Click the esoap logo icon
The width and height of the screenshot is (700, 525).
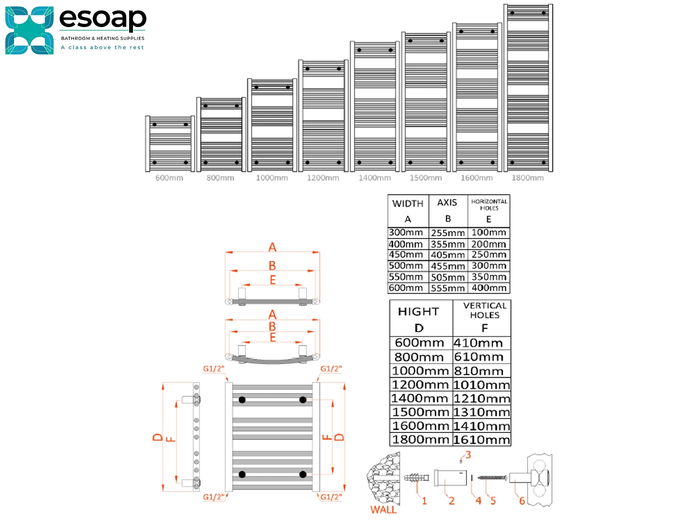(29, 31)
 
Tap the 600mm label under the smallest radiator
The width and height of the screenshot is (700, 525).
(169, 178)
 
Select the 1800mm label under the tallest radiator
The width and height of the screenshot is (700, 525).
(527, 178)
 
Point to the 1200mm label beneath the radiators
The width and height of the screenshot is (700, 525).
(323, 178)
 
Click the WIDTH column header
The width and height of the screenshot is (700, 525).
(408, 204)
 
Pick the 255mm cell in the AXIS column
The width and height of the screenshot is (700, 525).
(448, 233)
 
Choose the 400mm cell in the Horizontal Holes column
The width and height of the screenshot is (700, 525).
(489, 288)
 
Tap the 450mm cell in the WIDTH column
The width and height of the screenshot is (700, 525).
(406, 255)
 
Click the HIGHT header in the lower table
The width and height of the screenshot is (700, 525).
(418, 311)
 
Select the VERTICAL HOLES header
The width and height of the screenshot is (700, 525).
(485, 310)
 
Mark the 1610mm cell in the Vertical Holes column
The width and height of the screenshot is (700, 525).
(482, 439)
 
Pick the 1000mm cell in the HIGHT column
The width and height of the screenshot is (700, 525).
(420, 371)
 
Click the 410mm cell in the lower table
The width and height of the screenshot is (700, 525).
(478, 343)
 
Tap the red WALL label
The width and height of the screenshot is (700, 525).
(383, 510)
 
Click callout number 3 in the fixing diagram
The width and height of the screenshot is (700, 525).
(468, 455)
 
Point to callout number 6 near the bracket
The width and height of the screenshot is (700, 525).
(522, 501)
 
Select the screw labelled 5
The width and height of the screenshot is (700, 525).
(492, 478)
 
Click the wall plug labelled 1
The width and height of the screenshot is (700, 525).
(417, 478)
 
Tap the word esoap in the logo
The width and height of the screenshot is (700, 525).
(103, 19)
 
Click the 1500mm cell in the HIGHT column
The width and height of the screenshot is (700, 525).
(421, 412)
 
